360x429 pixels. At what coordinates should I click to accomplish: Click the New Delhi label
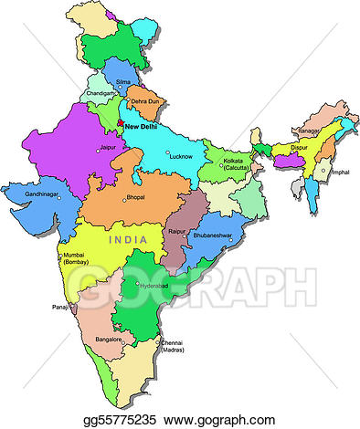[146, 127]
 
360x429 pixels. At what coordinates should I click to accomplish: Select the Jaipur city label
[112, 147]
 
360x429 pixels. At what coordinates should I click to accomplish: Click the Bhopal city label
[136, 198]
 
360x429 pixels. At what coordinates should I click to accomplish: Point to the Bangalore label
[110, 340]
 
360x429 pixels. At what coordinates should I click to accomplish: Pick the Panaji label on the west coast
[60, 308]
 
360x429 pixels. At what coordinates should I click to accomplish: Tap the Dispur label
[298, 145]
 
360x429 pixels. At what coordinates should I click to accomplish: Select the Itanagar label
[309, 131]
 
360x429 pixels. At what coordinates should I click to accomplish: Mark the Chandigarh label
[101, 92]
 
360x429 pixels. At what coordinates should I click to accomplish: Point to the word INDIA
[127, 239]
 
